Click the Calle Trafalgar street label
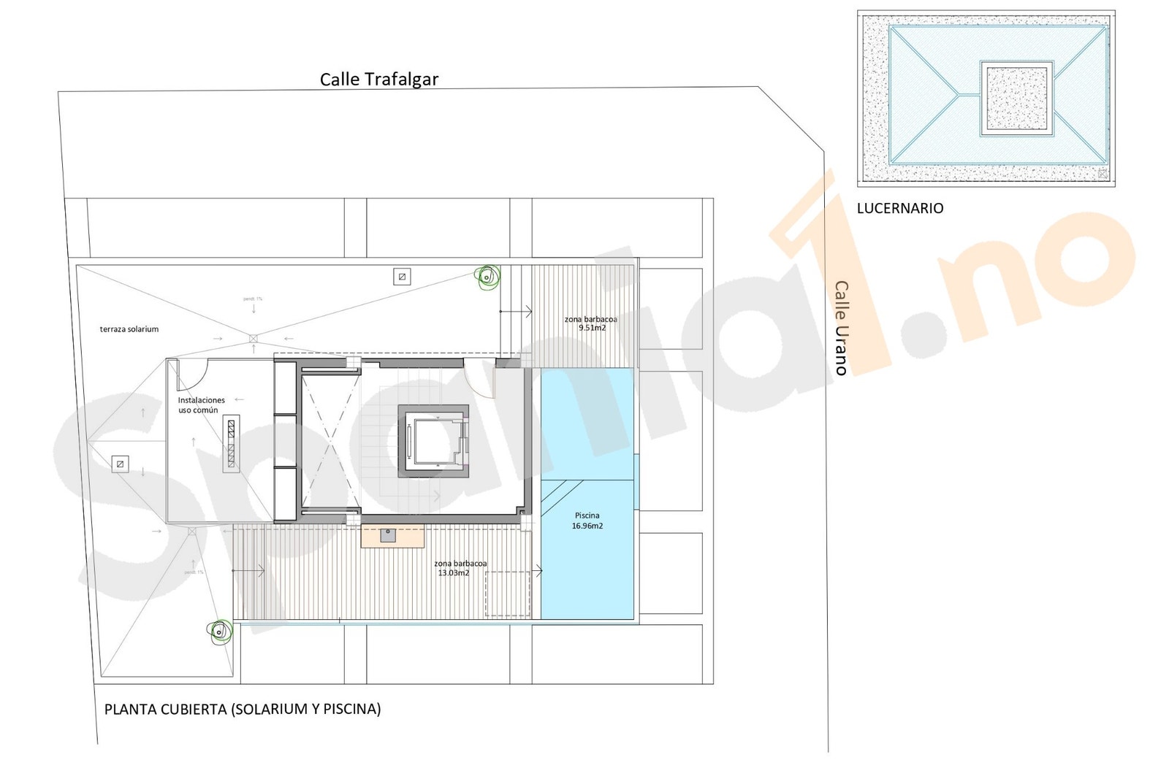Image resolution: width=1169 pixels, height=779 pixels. pyautogui.click(x=378, y=79)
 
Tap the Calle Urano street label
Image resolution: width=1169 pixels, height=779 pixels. pyautogui.click(x=841, y=328)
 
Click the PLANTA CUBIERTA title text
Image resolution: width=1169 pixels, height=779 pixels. pyautogui.click(x=243, y=709)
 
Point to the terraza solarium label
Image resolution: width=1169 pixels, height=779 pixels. pyautogui.click(x=129, y=329)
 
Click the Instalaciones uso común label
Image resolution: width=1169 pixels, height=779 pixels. pyautogui.click(x=201, y=405)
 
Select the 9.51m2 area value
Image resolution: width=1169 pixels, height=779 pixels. pyautogui.click(x=591, y=329)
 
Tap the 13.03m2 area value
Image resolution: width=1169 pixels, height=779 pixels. pyautogui.click(x=453, y=573)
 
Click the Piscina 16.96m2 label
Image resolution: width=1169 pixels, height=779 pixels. pyautogui.click(x=587, y=521)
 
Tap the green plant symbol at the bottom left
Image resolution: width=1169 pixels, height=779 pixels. pyautogui.click(x=218, y=632)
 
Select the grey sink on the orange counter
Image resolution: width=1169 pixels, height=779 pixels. pyautogui.click(x=388, y=536)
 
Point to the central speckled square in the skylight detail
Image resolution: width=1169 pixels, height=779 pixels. pyautogui.click(x=1016, y=98)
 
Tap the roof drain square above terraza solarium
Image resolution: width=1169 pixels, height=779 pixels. pyautogui.click(x=401, y=276)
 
